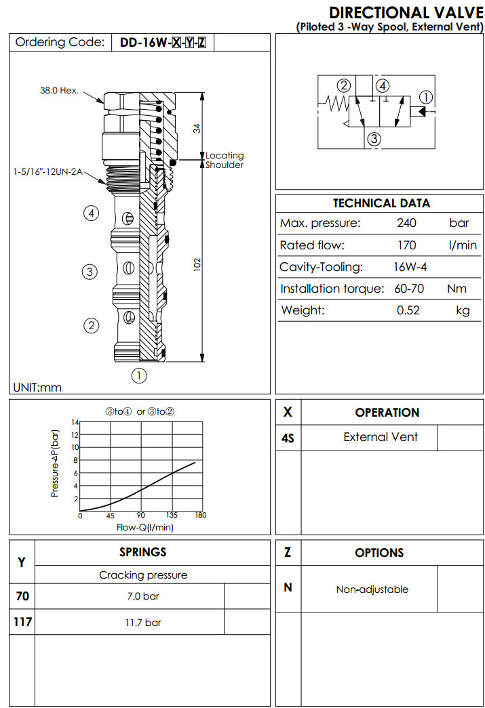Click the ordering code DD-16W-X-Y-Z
click(162, 43)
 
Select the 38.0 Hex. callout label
click(60, 89)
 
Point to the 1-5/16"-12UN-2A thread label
click(47, 172)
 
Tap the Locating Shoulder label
click(224, 161)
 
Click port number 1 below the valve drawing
click(139, 375)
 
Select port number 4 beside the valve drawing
click(92, 213)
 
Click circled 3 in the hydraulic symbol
click(374, 140)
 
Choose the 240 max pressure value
click(406, 224)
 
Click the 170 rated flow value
click(406, 245)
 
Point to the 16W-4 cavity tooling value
click(410, 267)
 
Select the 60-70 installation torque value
click(409, 289)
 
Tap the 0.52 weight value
click(408, 310)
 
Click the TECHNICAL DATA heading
click(381, 203)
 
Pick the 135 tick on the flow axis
click(172, 516)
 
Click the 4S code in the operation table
click(288, 438)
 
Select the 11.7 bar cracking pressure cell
click(142, 622)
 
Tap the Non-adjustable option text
click(372, 589)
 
